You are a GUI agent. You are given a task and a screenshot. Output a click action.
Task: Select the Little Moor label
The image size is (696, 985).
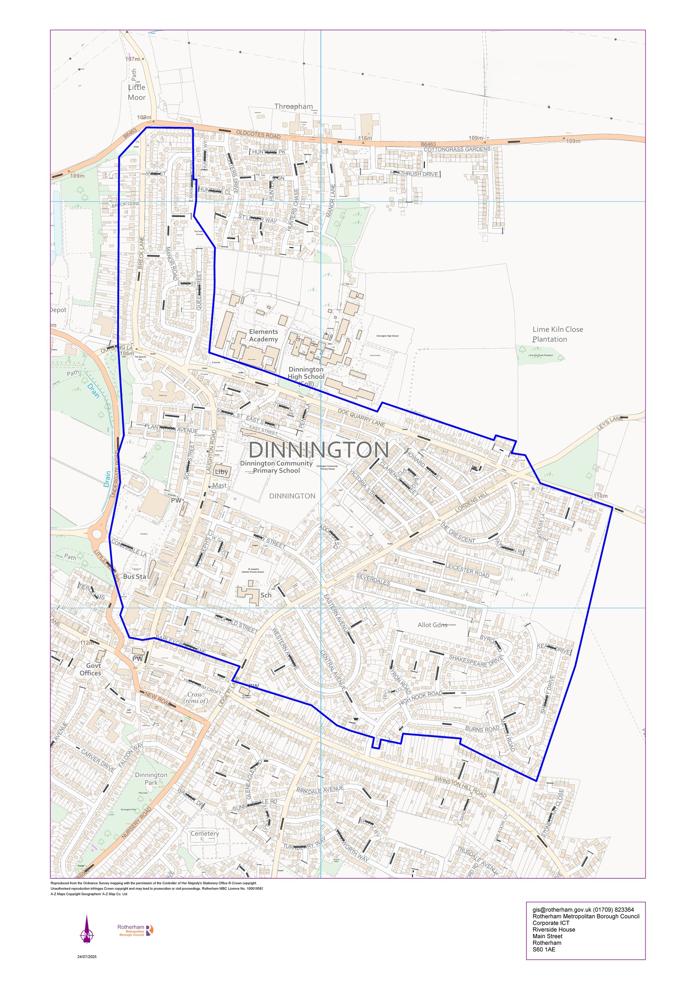pyautogui.click(x=137, y=92)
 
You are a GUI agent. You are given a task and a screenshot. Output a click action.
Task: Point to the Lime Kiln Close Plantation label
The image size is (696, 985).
pyautogui.click(x=557, y=334)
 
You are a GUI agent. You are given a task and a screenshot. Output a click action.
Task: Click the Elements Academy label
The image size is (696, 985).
pyautogui.click(x=263, y=335)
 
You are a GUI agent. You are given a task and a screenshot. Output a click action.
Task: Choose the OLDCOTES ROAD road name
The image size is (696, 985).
pyautogui.click(x=258, y=135)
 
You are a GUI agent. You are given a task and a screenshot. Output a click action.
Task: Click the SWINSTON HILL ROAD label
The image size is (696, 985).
pyautogui.click(x=460, y=787)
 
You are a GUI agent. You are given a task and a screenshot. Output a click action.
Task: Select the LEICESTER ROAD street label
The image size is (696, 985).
pyautogui.click(x=467, y=570)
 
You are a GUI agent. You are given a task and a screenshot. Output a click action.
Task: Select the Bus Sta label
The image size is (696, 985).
pyautogui.click(x=135, y=577)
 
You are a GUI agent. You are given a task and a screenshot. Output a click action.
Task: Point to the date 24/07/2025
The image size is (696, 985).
pyautogui.click(x=87, y=957)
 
